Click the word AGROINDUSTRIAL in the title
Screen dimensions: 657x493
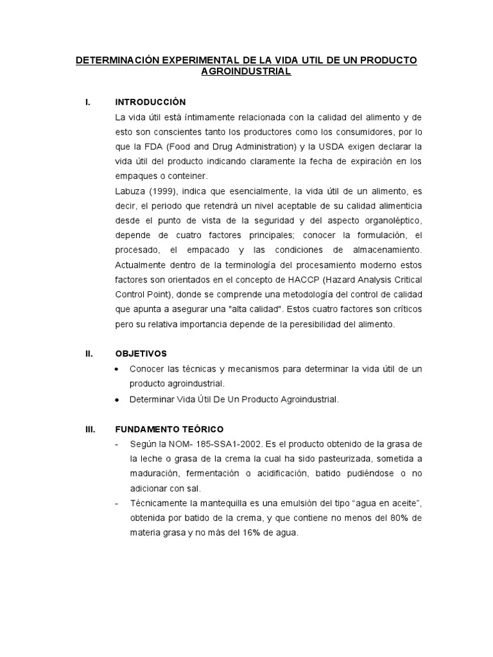click(x=246, y=72)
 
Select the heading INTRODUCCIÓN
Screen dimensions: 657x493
click(x=150, y=102)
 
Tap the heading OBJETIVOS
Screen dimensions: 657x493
click(x=141, y=354)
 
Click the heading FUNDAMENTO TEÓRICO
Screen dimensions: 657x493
click(x=169, y=429)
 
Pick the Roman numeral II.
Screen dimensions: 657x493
click(x=90, y=354)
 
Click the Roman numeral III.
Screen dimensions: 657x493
click(x=91, y=429)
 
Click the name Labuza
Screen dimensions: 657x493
click(x=131, y=191)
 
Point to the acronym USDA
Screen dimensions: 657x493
click(x=324, y=146)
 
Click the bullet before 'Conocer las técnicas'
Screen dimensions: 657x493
click(x=116, y=370)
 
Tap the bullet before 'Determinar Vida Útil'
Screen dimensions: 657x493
click(x=116, y=399)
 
